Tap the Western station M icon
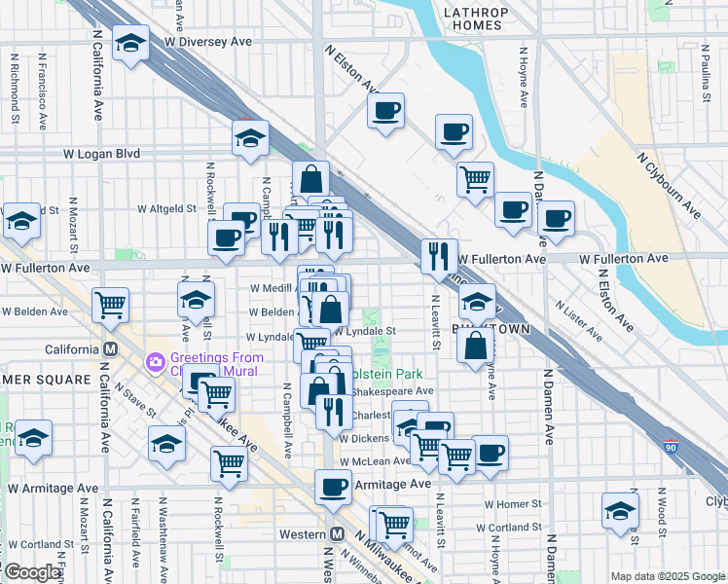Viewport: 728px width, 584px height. pos(338,534)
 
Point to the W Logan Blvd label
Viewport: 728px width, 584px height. pos(102,154)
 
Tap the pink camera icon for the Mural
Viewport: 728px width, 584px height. pos(155,362)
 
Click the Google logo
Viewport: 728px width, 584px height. pos(31,572)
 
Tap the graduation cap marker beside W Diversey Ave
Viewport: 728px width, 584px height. pos(130,44)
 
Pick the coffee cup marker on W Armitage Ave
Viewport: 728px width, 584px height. pos(334,486)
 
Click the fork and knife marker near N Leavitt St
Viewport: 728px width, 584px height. pos(439,255)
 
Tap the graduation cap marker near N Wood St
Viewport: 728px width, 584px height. pos(619,510)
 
